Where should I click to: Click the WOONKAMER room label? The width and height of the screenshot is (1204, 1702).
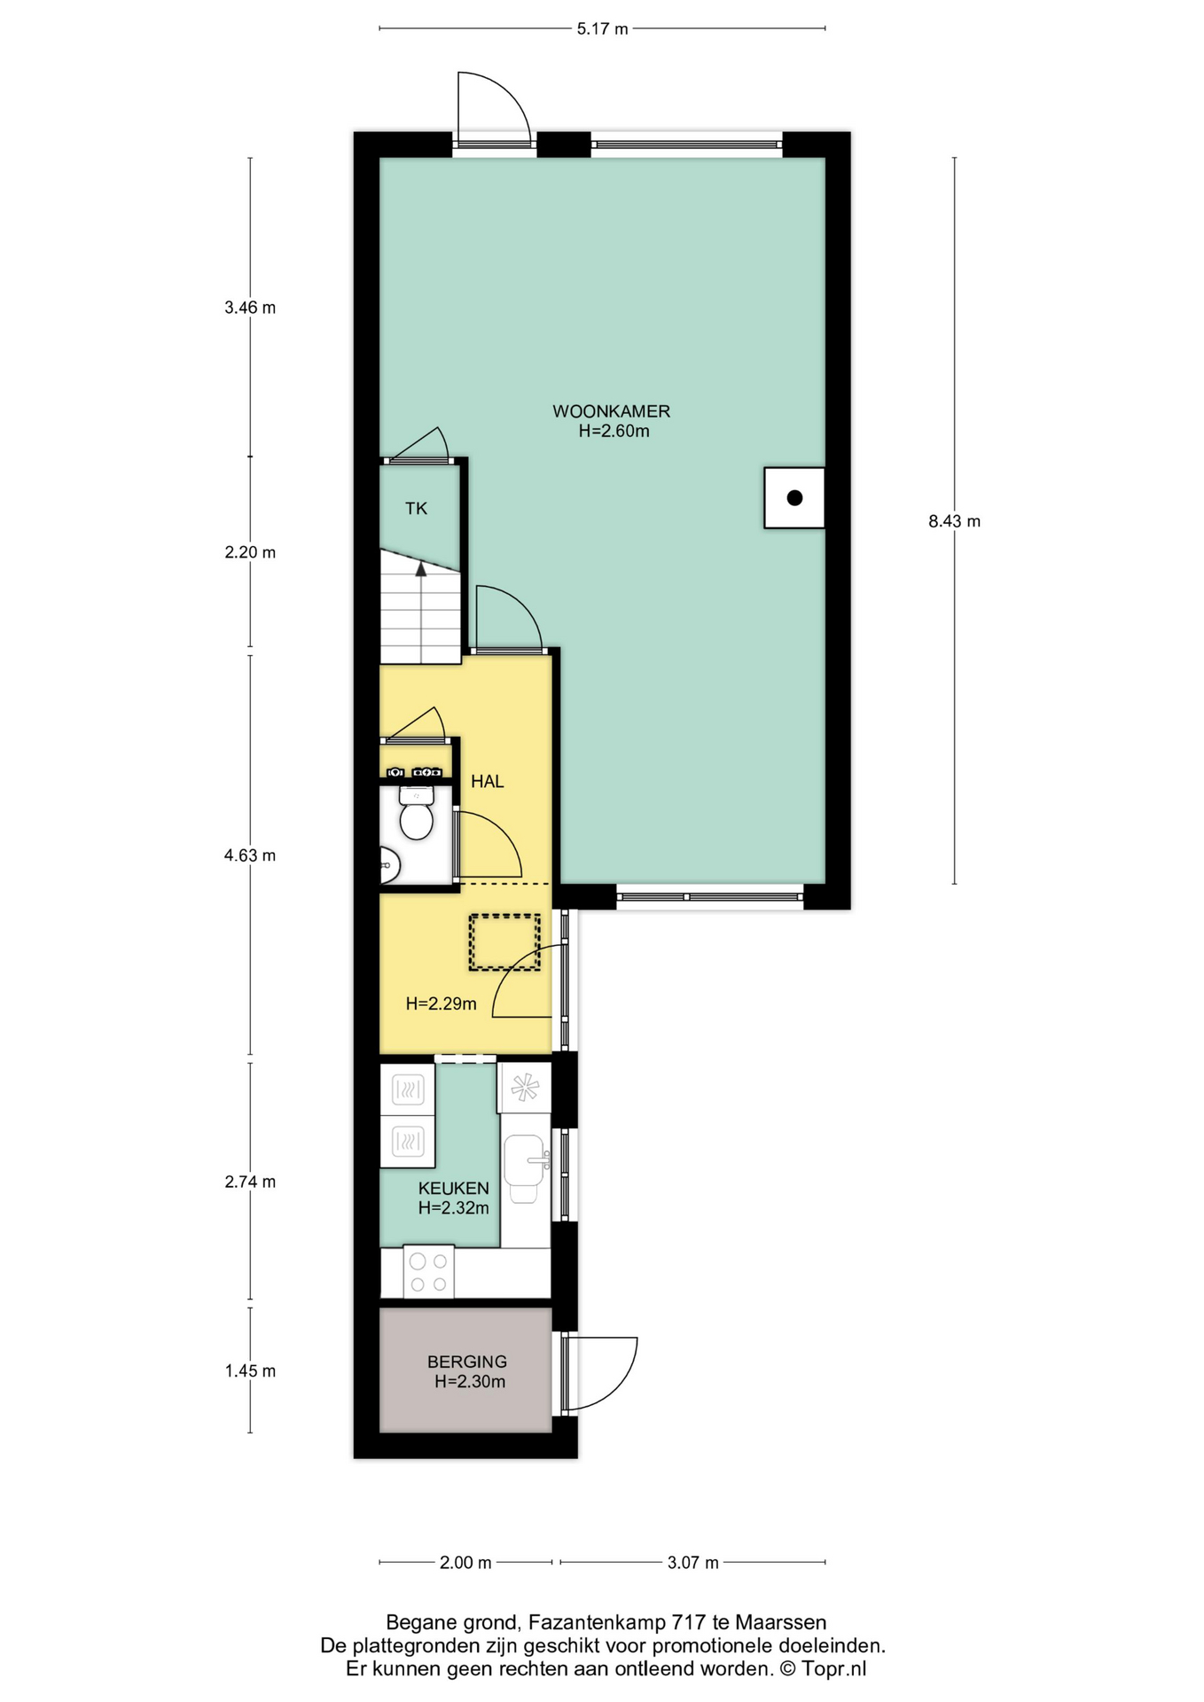611,411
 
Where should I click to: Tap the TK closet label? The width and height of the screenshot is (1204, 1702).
416,509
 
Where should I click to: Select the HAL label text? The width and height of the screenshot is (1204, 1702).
487,781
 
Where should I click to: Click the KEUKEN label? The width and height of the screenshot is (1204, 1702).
453,1188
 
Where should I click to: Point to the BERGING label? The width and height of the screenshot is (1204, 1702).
467,1362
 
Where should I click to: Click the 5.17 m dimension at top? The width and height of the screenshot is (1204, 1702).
602,29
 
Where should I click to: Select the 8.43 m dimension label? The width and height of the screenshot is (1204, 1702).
954,521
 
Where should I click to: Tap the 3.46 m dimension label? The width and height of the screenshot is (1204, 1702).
250,308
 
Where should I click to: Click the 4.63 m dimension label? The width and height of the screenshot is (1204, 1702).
250,855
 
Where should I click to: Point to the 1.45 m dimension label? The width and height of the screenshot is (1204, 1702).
250,1370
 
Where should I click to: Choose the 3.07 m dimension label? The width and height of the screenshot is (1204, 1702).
692,1563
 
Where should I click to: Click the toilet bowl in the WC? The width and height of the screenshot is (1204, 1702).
416,819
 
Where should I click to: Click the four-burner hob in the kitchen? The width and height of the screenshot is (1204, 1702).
429,1272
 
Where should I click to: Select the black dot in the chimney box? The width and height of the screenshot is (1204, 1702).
794,497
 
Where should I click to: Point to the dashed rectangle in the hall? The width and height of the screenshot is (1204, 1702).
504,942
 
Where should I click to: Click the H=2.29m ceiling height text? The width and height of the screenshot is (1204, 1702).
441,1003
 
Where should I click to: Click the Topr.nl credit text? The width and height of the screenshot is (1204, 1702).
833,1668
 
